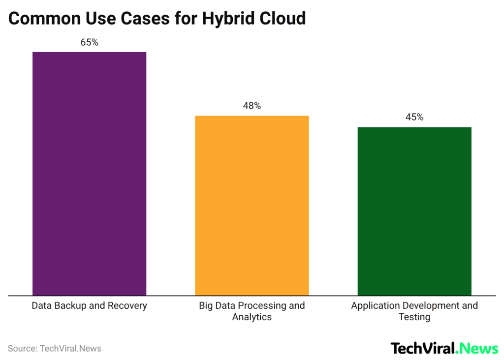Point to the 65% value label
[x=89, y=42]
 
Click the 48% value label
[x=252, y=106]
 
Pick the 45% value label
[x=414, y=117]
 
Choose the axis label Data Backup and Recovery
[x=89, y=305]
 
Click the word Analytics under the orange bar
[x=252, y=317]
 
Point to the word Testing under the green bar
[x=414, y=317]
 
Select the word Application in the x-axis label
[x=373, y=305]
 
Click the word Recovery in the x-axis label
[x=128, y=305]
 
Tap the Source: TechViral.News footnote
[x=54, y=348]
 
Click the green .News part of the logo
[x=477, y=348]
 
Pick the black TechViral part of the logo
[x=423, y=348]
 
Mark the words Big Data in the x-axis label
[x=217, y=305]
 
